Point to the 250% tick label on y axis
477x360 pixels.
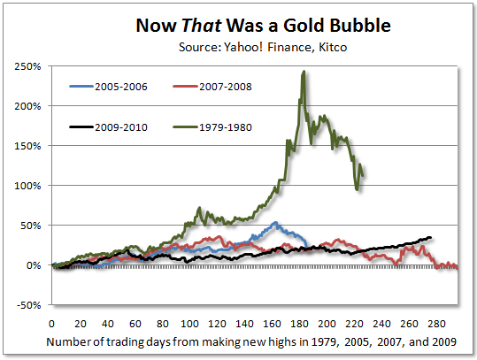click(29, 66)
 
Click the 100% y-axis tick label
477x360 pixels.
click(29, 186)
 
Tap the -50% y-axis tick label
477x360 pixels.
click(29, 305)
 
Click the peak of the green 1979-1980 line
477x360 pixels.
click(304, 73)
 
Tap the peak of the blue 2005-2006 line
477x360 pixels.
click(276, 223)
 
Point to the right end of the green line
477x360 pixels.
click(363, 176)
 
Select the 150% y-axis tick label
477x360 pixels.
click(29, 146)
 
